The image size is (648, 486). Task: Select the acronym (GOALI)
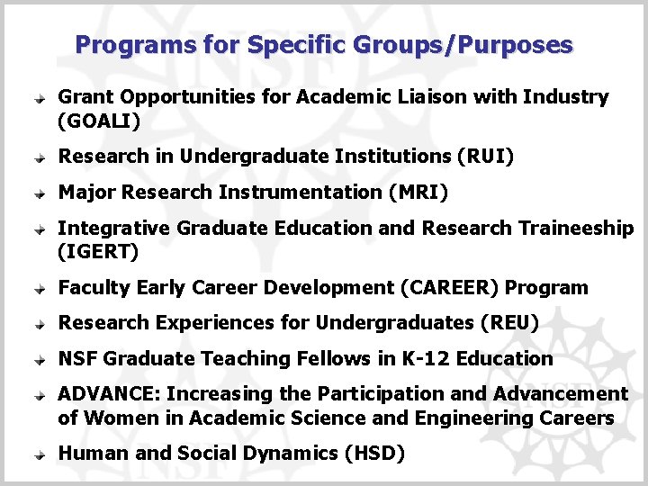click(99, 121)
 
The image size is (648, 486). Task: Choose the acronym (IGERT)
click(98, 252)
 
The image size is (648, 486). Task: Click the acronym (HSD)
click(374, 454)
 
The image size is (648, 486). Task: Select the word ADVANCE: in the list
click(109, 394)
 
